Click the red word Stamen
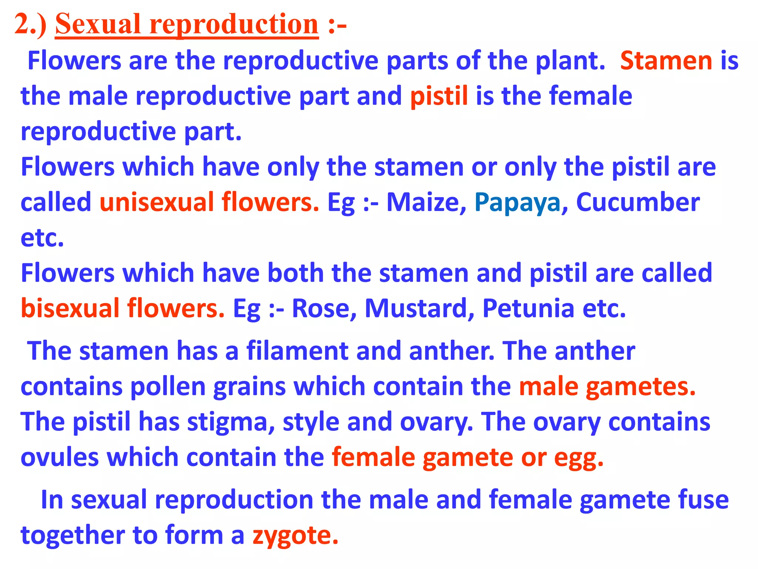point(666,61)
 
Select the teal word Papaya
point(517,203)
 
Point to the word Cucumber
point(638,203)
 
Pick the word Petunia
point(529,309)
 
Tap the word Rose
point(324,309)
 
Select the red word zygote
point(295,536)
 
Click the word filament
point(297,351)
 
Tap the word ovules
point(60,457)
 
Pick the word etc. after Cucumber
point(42,238)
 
